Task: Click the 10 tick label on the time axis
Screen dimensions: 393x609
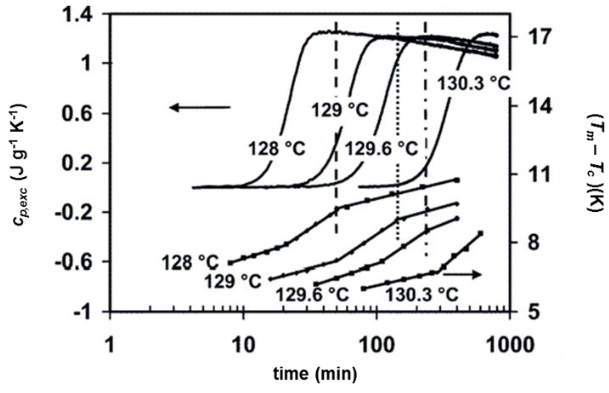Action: point(244,345)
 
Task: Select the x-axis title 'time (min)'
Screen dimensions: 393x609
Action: point(315,374)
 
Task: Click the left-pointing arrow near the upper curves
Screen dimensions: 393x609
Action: point(200,108)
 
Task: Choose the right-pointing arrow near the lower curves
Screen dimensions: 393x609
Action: point(462,274)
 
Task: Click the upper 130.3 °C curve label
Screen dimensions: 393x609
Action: point(473,84)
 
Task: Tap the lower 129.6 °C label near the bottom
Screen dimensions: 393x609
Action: point(312,295)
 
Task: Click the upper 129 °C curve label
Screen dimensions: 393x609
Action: point(340,110)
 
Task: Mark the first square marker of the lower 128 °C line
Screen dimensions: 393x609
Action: point(230,263)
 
